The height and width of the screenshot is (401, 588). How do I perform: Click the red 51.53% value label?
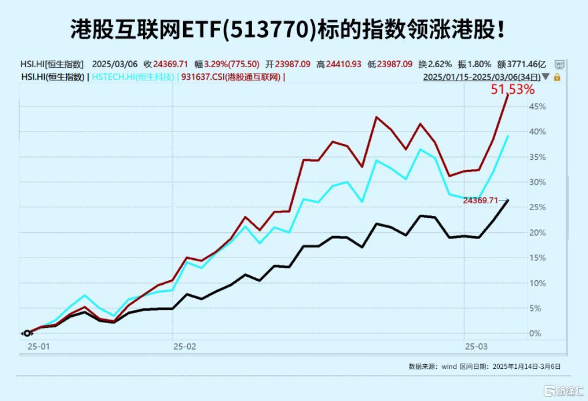click(512, 89)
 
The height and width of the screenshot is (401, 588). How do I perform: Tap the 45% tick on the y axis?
click(537, 107)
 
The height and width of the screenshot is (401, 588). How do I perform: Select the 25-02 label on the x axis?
click(184, 346)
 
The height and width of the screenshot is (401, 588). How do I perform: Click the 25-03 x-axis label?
click(475, 346)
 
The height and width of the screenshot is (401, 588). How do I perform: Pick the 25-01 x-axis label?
click(38, 346)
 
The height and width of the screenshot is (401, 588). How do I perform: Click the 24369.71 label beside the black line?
click(481, 200)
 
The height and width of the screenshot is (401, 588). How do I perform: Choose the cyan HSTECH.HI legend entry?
click(133, 77)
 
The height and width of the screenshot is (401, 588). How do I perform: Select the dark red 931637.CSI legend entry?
click(231, 77)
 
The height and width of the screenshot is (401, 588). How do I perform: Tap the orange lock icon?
click(557, 77)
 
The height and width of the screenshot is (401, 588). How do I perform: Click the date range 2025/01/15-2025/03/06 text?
click(481, 77)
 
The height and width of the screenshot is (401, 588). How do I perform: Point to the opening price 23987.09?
click(292, 64)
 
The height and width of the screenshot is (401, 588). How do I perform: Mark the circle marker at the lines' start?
click(27, 333)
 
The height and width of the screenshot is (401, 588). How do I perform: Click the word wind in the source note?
click(449, 366)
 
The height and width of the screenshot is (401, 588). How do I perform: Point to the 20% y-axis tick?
click(537, 233)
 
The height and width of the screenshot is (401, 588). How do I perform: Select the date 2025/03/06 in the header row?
click(114, 64)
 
